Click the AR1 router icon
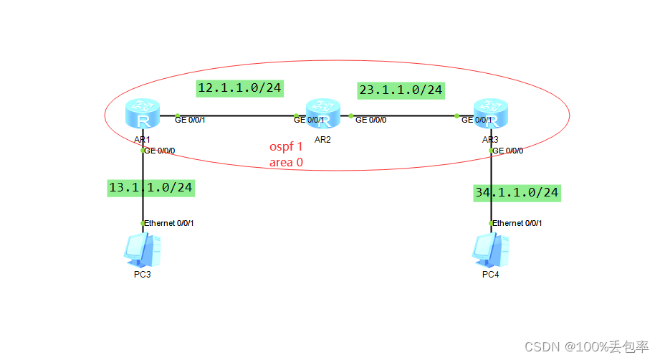143,115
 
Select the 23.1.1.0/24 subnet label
401,90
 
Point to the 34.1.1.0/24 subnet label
517,192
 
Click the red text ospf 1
287,146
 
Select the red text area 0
287,162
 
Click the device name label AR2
322,139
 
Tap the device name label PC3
143,276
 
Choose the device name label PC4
491,276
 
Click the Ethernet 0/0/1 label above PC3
169,223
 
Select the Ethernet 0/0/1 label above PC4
517,223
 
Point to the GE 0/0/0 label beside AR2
370,120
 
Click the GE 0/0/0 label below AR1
160,151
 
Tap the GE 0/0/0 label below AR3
508,151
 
